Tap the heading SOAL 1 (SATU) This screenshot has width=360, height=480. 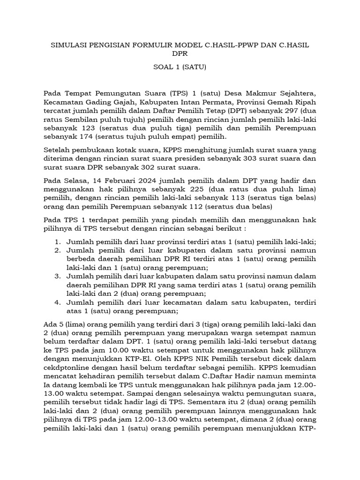click(180, 67)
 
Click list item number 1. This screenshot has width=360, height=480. click(58, 242)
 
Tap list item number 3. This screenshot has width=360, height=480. click(58, 276)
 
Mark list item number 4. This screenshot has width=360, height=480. click(58, 302)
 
